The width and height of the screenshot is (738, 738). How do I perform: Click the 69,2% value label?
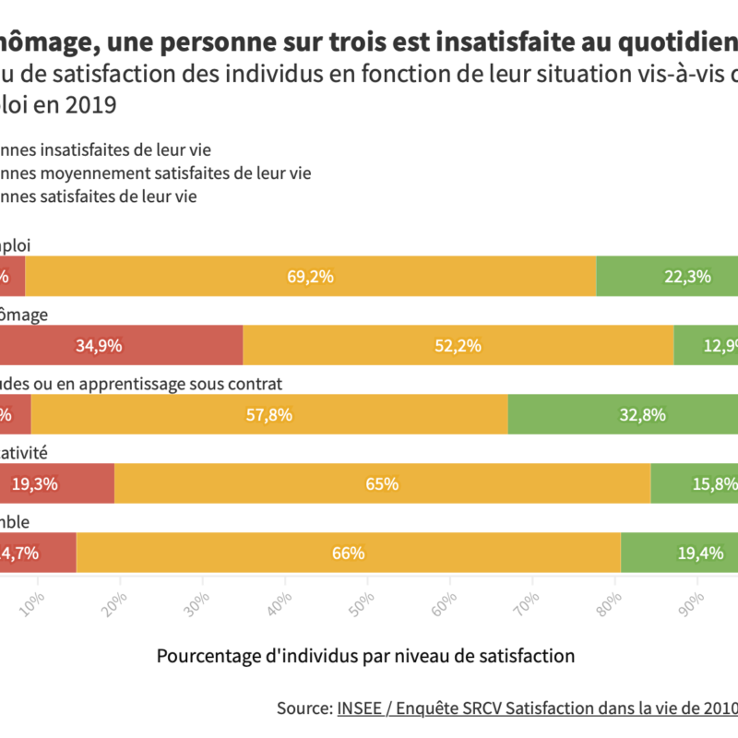click(x=310, y=277)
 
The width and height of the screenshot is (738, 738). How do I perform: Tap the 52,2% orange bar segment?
click(x=458, y=346)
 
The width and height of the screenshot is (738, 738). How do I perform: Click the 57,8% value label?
click(x=269, y=415)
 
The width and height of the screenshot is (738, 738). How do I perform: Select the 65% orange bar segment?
click(x=382, y=483)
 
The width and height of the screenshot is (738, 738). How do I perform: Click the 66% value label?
click(x=349, y=553)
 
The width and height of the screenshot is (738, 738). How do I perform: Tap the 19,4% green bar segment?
click(x=680, y=553)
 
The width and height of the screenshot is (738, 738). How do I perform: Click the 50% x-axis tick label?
click(x=367, y=590)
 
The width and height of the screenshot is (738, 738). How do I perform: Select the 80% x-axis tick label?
click(x=613, y=590)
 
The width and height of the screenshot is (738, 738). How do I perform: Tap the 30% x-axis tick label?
click(x=203, y=590)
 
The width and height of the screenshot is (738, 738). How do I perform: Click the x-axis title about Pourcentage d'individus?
click(x=365, y=656)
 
